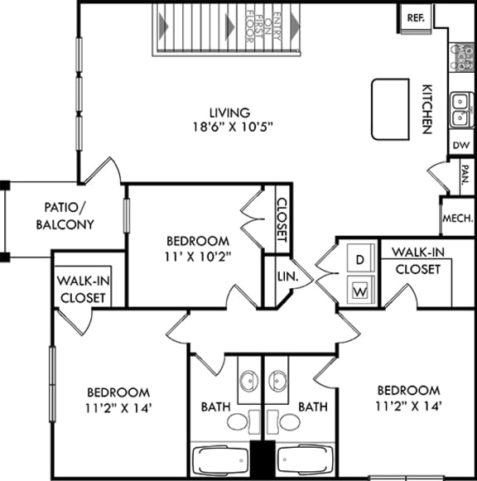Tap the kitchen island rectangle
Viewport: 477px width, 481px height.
tap(390, 109)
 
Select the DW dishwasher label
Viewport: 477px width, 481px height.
tap(461, 144)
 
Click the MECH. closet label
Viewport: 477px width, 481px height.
tap(458, 219)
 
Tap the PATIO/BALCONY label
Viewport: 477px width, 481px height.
tap(69, 216)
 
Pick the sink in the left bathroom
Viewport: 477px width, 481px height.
tap(248, 382)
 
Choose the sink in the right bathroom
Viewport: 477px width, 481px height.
tap(278, 382)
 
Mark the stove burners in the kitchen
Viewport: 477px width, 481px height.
tap(461, 55)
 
